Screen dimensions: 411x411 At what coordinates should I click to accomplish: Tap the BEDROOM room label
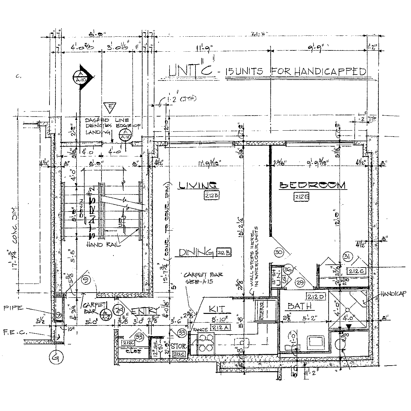click(x=313, y=185)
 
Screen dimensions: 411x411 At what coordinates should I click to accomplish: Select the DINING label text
click(x=196, y=252)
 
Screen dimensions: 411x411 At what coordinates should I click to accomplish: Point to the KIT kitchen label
click(x=217, y=310)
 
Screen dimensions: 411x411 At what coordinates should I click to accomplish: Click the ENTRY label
click(x=145, y=311)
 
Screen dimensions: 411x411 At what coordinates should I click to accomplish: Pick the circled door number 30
click(x=279, y=252)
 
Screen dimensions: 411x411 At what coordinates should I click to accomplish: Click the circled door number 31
click(x=346, y=257)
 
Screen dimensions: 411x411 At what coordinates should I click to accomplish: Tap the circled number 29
click(x=300, y=283)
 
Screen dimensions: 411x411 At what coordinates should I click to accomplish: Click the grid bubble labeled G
click(x=55, y=357)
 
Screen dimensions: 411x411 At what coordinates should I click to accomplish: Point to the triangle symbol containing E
click(x=109, y=108)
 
